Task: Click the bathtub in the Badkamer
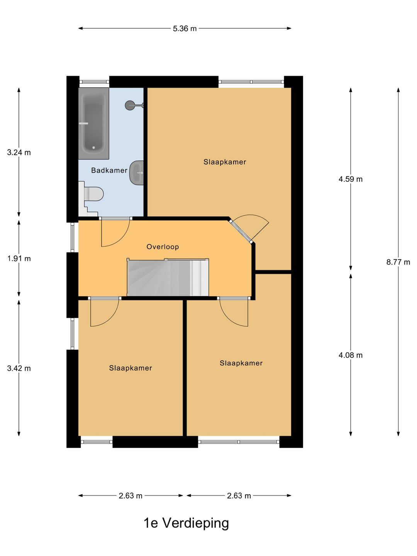tap(93, 123)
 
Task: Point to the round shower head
tap(130, 105)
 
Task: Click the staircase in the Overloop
tap(168, 277)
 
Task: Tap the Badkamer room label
tap(109, 170)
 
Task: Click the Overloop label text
tap(163, 247)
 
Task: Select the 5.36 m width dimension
tap(185, 29)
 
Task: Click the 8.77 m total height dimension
tap(398, 262)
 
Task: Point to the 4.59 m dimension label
tap(351, 179)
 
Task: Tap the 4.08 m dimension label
tap(351, 355)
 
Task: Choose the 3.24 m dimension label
tap(19, 153)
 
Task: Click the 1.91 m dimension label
tap(19, 259)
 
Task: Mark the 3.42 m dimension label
tap(19, 368)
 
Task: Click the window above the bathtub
tap(94, 82)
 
